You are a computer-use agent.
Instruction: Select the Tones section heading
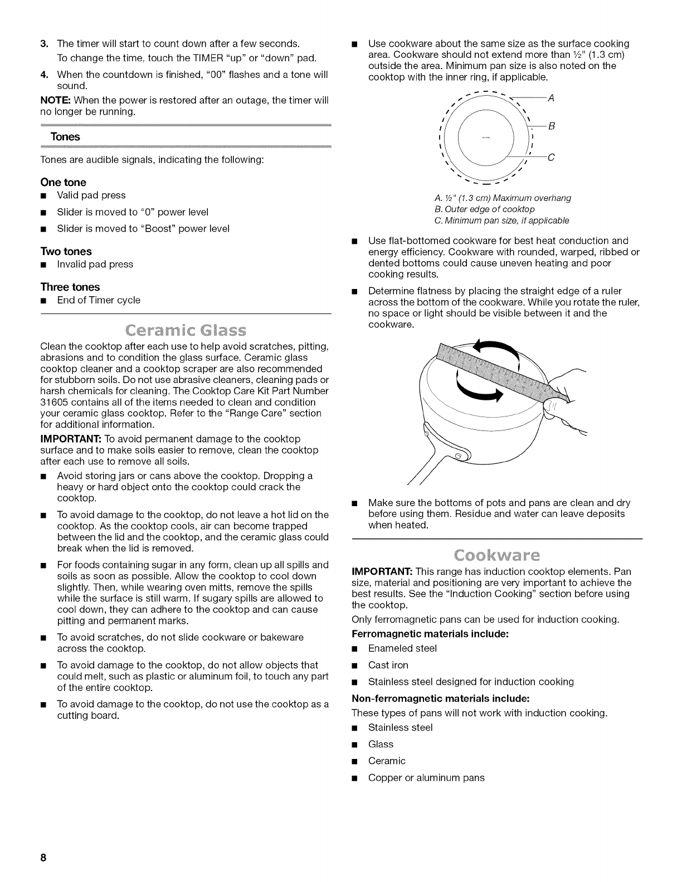coord(65,137)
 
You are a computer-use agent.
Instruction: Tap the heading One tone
coord(63,182)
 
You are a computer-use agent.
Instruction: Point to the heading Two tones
coord(66,251)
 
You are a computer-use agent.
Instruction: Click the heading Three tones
coord(70,287)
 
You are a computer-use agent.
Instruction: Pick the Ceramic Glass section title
coord(186,331)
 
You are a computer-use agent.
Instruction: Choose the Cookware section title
coord(496,556)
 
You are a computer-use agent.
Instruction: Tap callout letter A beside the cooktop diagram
coord(551,99)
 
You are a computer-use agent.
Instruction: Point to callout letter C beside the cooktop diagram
coord(551,156)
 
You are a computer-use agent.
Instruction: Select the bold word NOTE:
coord(55,100)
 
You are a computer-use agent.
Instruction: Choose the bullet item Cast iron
coord(388,665)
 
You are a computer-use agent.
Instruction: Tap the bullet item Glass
coord(381,744)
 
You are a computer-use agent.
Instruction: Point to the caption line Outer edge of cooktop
coord(484,209)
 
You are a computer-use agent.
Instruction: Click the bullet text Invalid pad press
coord(95,264)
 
